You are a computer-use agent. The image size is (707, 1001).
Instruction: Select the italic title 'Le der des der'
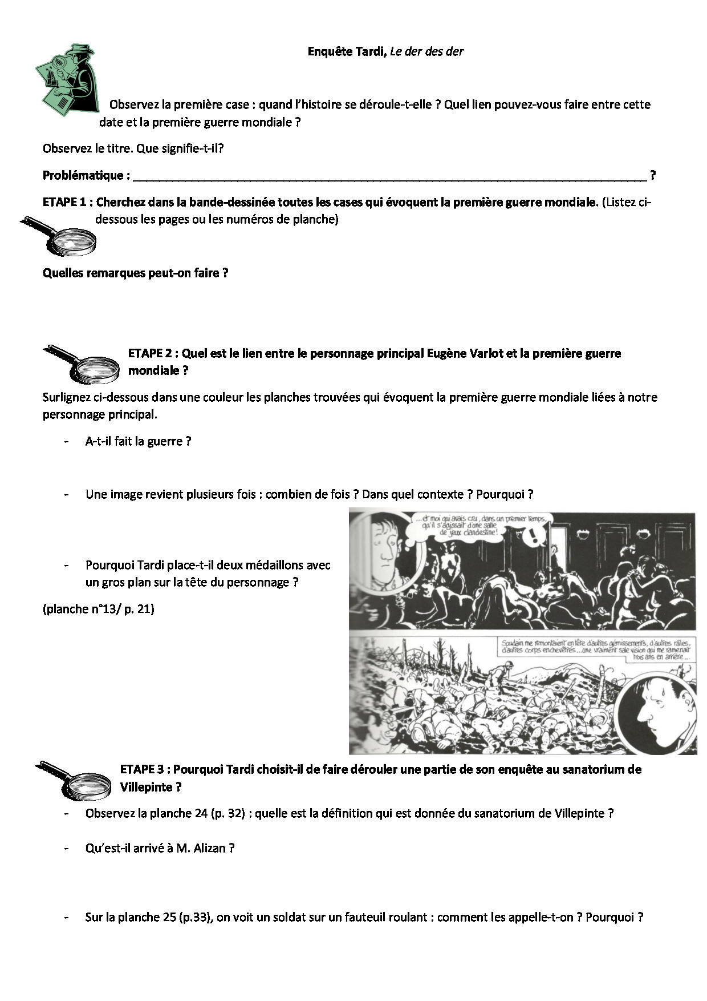coord(426,52)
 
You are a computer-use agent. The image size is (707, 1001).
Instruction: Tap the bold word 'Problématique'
coord(83,176)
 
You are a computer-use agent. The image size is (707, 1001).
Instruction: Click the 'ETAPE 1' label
coord(67,203)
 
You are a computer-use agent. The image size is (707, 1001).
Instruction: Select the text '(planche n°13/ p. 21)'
coord(98,609)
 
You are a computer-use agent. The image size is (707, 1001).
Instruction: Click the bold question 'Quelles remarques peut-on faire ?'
coord(136,273)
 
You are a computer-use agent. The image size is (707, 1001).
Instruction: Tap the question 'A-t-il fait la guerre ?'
coord(138,442)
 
